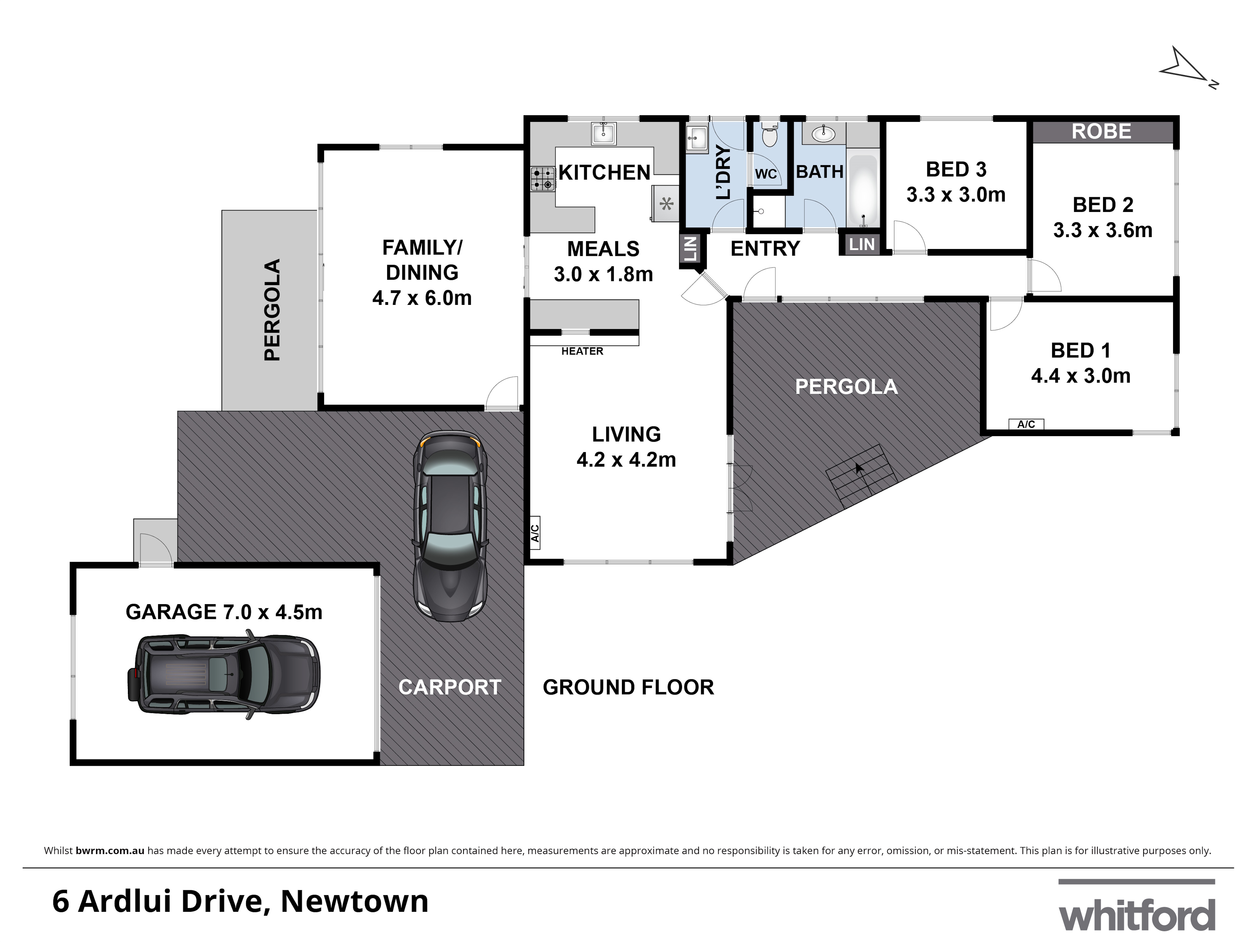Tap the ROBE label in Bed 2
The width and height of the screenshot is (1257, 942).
point(1101,132)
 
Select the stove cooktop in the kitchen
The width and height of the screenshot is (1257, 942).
point(543,178)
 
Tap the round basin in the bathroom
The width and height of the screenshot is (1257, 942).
point(823,134)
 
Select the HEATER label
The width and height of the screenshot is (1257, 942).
point(582,351)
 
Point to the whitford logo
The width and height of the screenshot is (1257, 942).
point(1137,915)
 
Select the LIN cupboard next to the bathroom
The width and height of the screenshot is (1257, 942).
point(861,245)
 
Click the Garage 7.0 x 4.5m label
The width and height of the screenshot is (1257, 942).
point(224,612)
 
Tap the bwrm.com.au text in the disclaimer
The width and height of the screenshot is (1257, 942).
point(110,851)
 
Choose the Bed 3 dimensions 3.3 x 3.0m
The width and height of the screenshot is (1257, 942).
point(956,195)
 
